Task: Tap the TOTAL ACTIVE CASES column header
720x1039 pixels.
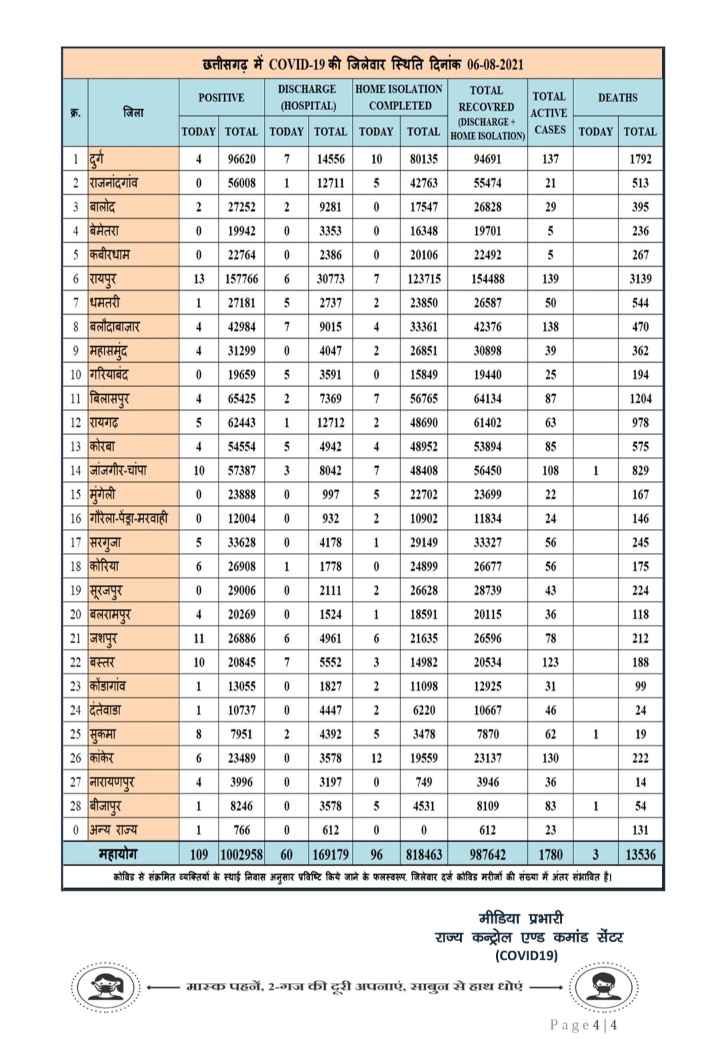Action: (550, 113)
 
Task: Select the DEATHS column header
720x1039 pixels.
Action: (617, 98)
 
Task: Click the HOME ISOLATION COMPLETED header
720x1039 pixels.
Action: (399, 97)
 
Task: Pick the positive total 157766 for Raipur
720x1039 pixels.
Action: (241, 279)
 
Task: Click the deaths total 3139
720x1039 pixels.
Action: (640, 279)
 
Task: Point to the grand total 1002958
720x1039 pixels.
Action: (241, 854)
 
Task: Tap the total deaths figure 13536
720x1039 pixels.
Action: (640, 854)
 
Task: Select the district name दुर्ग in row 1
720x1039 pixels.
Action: (97, 159)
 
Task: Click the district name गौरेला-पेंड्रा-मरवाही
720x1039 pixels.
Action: (129, 518)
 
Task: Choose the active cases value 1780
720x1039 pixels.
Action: (550, 854)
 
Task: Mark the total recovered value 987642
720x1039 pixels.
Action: (487, 854)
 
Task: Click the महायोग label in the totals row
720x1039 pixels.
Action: (118, 854)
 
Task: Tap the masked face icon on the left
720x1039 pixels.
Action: (106, 987)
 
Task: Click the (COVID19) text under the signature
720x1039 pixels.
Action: (526, 956)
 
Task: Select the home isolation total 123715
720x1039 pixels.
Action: (423, 279)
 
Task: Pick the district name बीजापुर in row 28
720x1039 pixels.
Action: (105, 806)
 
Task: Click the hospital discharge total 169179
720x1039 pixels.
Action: (330, 854)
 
